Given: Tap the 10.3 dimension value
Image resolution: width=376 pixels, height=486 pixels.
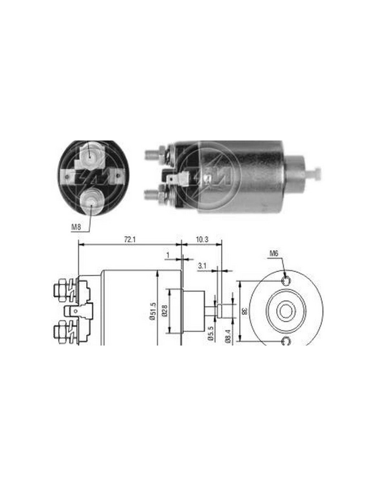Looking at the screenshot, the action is click(202, 240).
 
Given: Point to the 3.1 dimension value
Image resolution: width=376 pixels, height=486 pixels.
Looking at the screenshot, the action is click(202, 266).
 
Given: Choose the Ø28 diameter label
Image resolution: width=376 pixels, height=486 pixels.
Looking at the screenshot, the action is click(165, 311).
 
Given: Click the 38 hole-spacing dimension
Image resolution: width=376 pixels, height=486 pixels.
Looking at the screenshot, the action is click(245, 311).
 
